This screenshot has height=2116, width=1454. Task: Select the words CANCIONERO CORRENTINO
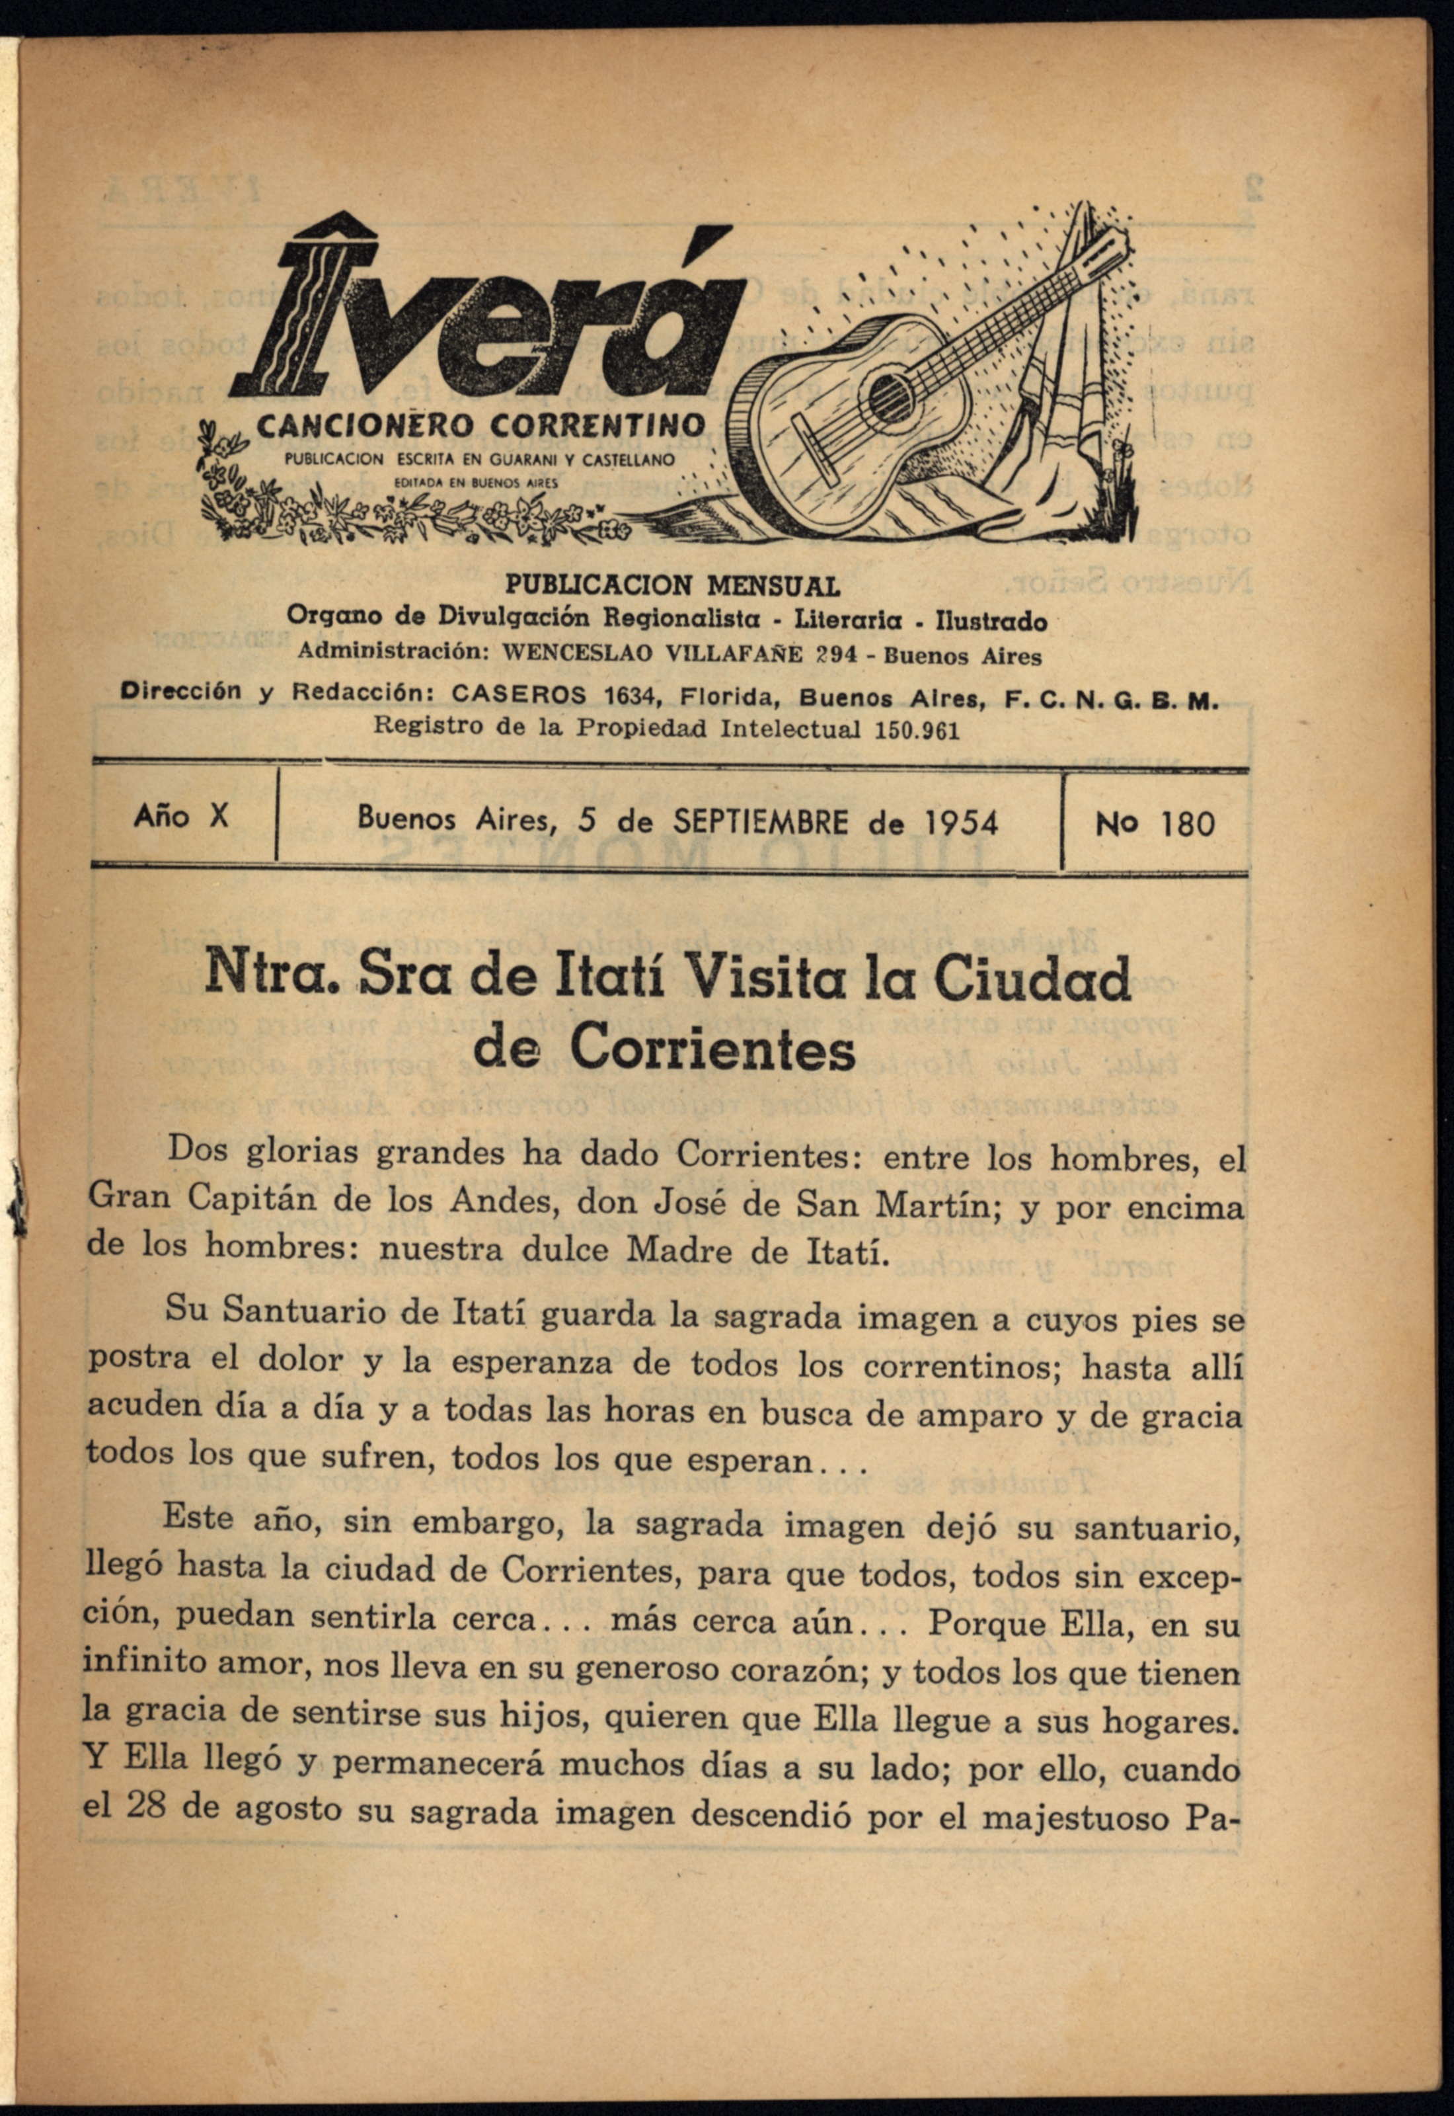pos(481,425)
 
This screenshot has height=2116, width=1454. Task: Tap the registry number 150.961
pos(915,730)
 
